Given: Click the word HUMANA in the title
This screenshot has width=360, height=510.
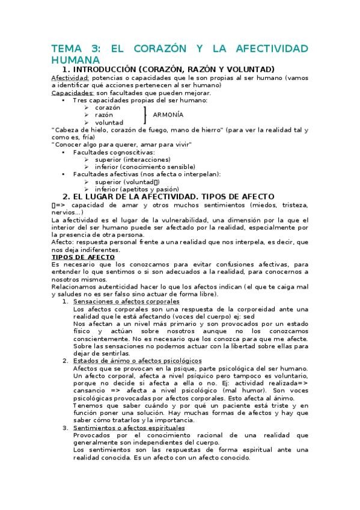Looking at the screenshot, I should [75, 60].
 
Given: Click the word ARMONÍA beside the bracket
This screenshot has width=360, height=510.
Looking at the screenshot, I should [168, 114].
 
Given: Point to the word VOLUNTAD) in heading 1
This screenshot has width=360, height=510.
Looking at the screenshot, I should [248, 69].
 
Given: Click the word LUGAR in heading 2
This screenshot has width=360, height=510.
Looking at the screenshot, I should [112, 196].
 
